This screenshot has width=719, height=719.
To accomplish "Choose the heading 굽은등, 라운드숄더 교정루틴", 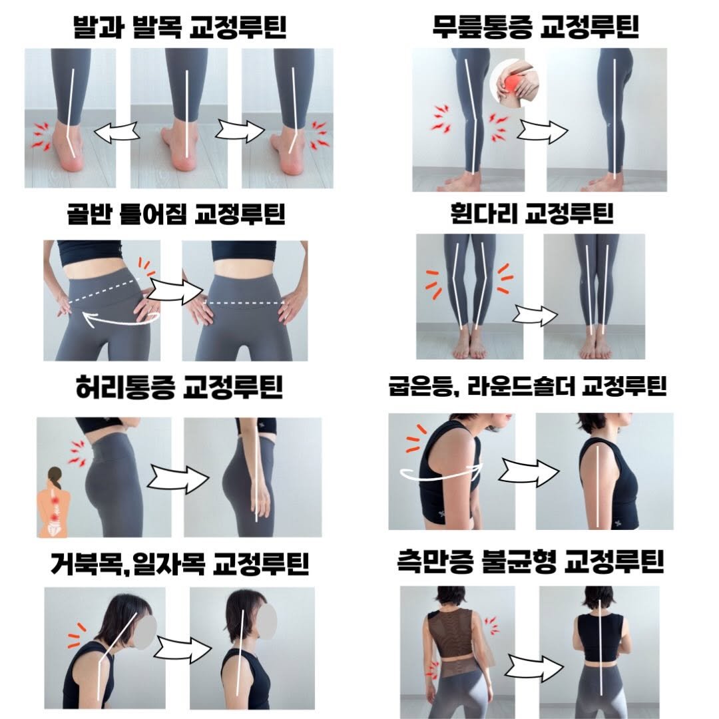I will pyautogui.click(x=527, y=387).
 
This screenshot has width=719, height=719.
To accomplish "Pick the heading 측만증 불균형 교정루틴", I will pyautogui.click(x=527, y=564).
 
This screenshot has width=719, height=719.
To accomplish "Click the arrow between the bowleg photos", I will pyautogui.click(x=537, y=316).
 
